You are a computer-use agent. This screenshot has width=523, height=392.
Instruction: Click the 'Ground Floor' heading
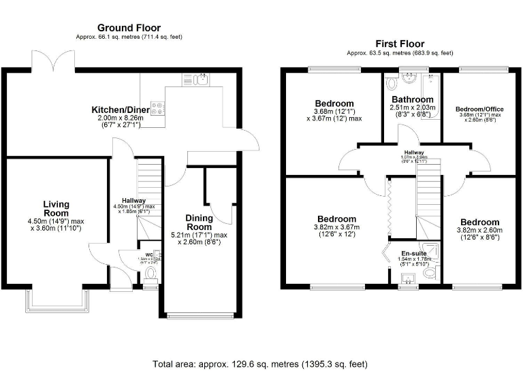click(x=129, y=28)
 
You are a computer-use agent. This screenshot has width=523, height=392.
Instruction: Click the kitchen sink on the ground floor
click(x=202, y=80)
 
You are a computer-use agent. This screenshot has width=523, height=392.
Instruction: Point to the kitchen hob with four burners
click(x=157, y=107)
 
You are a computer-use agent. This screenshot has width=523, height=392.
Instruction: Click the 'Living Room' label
click(x=57, y=208)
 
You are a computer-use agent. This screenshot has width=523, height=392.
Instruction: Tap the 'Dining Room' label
click(x=200, y=223)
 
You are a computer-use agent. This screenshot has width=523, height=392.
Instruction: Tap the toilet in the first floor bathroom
click(x=391, y=84)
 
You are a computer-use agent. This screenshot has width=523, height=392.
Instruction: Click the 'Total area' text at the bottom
click(x=260, y=364)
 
